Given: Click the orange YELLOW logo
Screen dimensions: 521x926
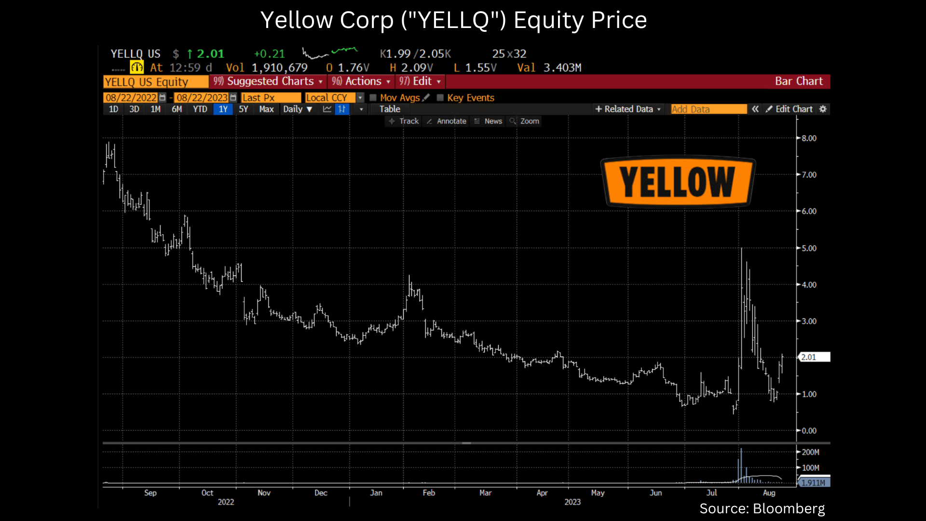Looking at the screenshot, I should [678, 182].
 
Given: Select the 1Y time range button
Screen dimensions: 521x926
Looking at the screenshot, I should [223, 109].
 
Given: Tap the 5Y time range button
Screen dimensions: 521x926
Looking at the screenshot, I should [244, 109].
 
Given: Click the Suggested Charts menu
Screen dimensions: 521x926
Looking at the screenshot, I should [268, 82].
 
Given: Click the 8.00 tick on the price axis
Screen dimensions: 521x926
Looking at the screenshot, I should [809, 138].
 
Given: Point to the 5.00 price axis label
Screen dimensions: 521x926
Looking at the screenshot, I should [809, 248].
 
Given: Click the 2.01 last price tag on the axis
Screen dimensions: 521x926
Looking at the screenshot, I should [814, 357].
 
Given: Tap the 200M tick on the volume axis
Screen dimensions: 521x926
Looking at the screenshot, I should [810, 452].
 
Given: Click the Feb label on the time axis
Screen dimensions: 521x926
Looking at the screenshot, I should [429, 493].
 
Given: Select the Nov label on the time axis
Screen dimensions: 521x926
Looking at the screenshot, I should [264, 493].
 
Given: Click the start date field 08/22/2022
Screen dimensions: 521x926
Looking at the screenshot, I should [131, 98].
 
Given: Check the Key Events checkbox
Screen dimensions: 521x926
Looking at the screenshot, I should [440, 98].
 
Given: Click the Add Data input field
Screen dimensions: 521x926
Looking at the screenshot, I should [708, 110].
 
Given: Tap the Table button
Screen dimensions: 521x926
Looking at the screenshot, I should [390, 109].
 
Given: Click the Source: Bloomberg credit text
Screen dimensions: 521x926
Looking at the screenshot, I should [762, 508].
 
